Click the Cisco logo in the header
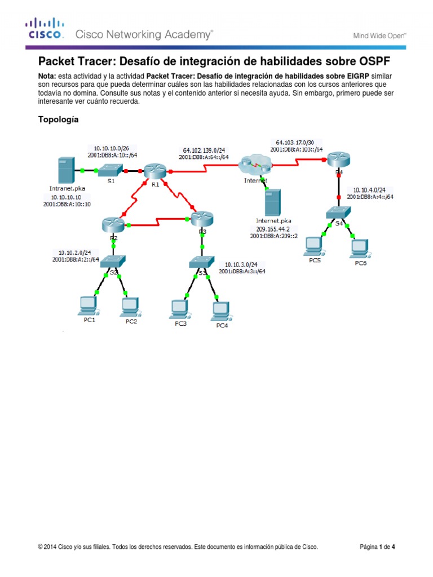44,29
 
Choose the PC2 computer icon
130,306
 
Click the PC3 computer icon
179,308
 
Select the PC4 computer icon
220,310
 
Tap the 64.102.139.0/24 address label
204,150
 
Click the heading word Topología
58,119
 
